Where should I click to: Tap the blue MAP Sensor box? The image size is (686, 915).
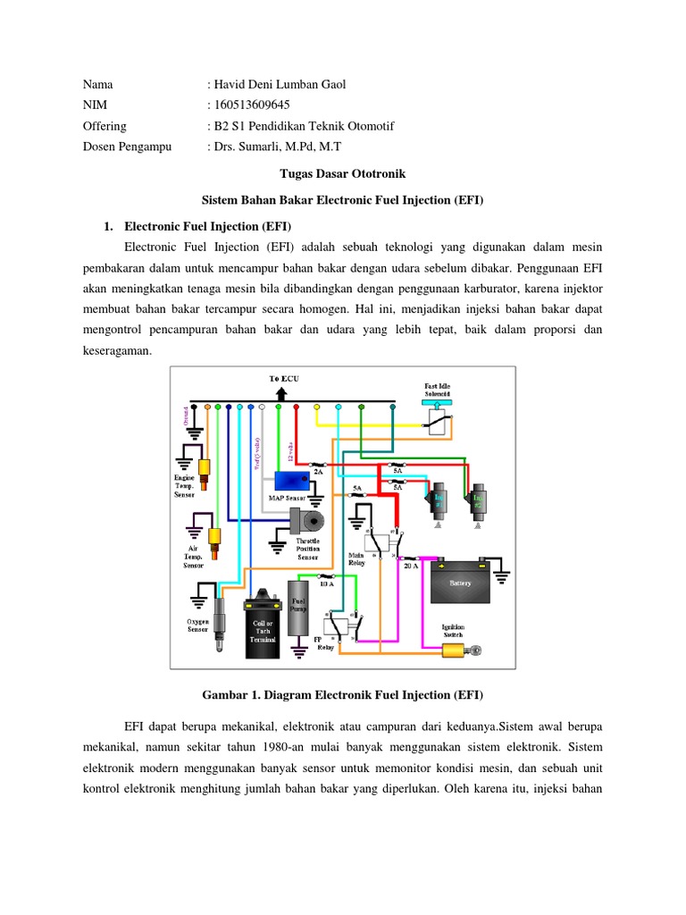pyautogui.click(x=290, y=482)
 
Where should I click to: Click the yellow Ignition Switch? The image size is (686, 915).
pyautogui.click(x=452, y=649)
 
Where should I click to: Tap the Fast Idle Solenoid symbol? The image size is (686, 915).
pyautogui.click(x=437, y=418)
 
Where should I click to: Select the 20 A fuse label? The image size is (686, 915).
pyautogui.click(x=409, y=566)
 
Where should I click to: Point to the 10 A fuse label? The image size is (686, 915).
pyautogui.click(x=326, y=583)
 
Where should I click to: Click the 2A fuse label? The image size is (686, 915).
pyautogui.click(x=317, y=467)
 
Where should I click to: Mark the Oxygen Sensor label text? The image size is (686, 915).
pyautogui.click(x=197, y=625)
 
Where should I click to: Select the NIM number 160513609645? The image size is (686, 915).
pyautogui.click(x=251, y=105)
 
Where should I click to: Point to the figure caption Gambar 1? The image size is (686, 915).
pyautogui.click(x=342, y=694)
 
